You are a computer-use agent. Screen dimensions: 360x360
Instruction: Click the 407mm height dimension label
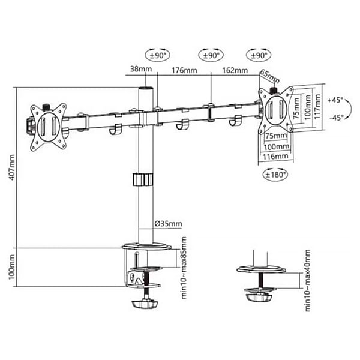click(12, 167)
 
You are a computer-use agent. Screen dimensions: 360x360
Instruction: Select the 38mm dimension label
click(141, 68)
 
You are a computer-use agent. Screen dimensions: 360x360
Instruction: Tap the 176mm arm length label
click(184, 70)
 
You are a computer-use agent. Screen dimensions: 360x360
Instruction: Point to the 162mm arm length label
click(235, 70)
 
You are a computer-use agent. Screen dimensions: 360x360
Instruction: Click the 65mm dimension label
click(270, 76)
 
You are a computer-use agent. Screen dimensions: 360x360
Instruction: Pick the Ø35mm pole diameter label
click(168, 223)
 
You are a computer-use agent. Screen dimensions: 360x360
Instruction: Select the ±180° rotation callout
click(275, 175)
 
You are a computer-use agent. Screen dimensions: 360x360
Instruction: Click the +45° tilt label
click(335, 100)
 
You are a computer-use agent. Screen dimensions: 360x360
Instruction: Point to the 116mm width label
click(275, 157)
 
